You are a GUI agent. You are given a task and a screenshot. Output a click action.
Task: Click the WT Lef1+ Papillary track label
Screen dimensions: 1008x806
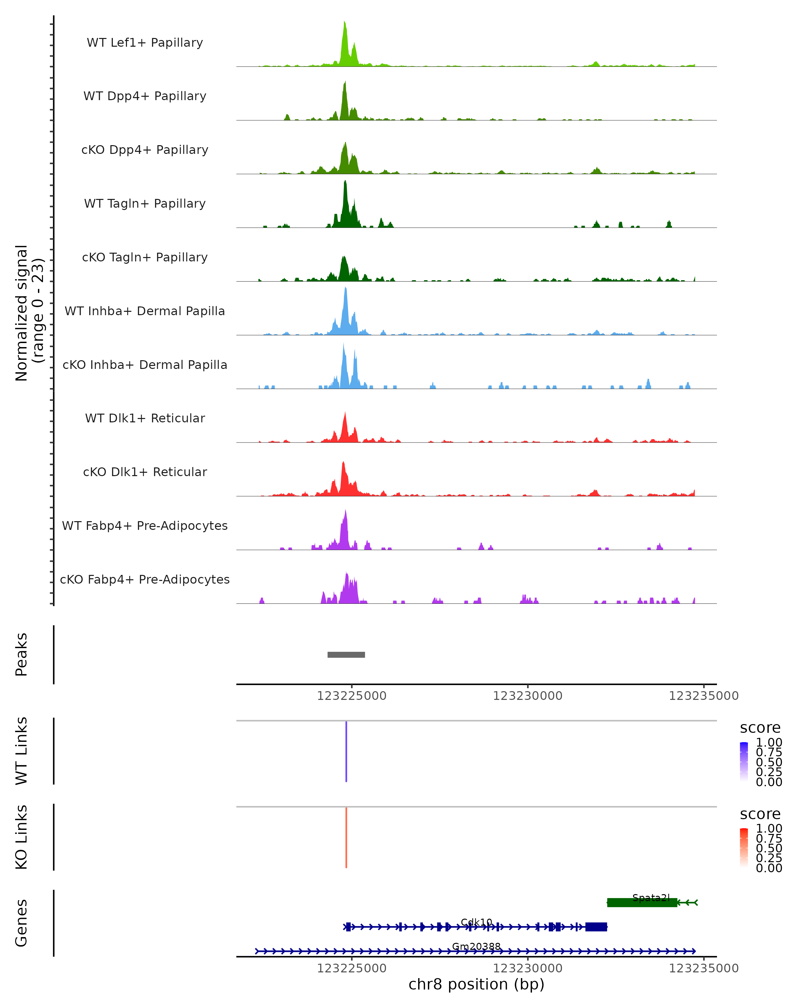(x=145, y=43)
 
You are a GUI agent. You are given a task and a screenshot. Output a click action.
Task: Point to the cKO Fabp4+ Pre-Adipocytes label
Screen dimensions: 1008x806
(x=145, y=579)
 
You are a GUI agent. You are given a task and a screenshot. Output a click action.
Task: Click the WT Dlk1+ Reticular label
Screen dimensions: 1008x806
(x=145, y=418)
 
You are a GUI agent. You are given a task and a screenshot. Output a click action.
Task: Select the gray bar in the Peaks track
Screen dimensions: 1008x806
(x=346, y=655)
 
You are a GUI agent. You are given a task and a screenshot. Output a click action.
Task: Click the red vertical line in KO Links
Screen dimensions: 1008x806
(x=346, y=837)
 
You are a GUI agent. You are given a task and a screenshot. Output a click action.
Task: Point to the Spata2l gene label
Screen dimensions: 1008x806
(x=651, y=897)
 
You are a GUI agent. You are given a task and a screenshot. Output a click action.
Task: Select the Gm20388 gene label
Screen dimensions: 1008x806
(x=476, y=946)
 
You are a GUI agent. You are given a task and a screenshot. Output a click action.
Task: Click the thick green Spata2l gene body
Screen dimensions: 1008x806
(x=642, y=902)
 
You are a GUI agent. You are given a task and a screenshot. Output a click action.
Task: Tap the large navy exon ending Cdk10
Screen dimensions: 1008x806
(x=596, y=927)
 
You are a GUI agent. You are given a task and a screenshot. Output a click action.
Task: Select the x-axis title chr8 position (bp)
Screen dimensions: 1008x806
(x=476, y=984)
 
